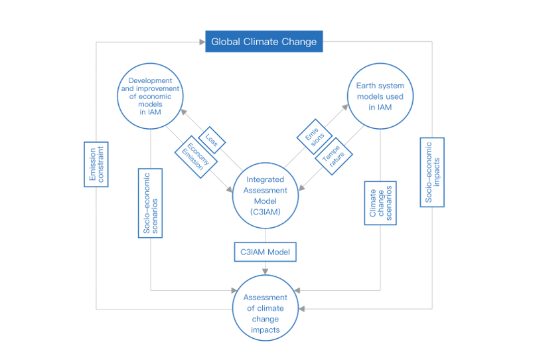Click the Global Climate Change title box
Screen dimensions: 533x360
coord(264,41)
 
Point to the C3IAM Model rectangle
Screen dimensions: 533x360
coord(265,252)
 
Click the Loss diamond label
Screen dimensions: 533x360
coord(212,140)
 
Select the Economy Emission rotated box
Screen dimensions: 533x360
coord(196,157)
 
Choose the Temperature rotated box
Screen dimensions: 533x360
coord(333,156)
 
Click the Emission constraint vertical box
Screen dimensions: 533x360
coord(96,164)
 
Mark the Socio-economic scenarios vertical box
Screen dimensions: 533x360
coord(150,203)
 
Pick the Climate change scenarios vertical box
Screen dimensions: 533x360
coord(380,203)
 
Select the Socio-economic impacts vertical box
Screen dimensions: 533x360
coord(432,172)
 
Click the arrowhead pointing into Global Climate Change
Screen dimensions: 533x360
coord(202,42)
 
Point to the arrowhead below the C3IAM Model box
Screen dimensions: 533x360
coord(265,272)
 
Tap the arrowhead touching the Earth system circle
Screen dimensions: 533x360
coord(345,107)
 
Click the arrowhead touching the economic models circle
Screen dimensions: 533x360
coord(184,112)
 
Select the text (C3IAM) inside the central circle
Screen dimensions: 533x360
coord(266,212)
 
